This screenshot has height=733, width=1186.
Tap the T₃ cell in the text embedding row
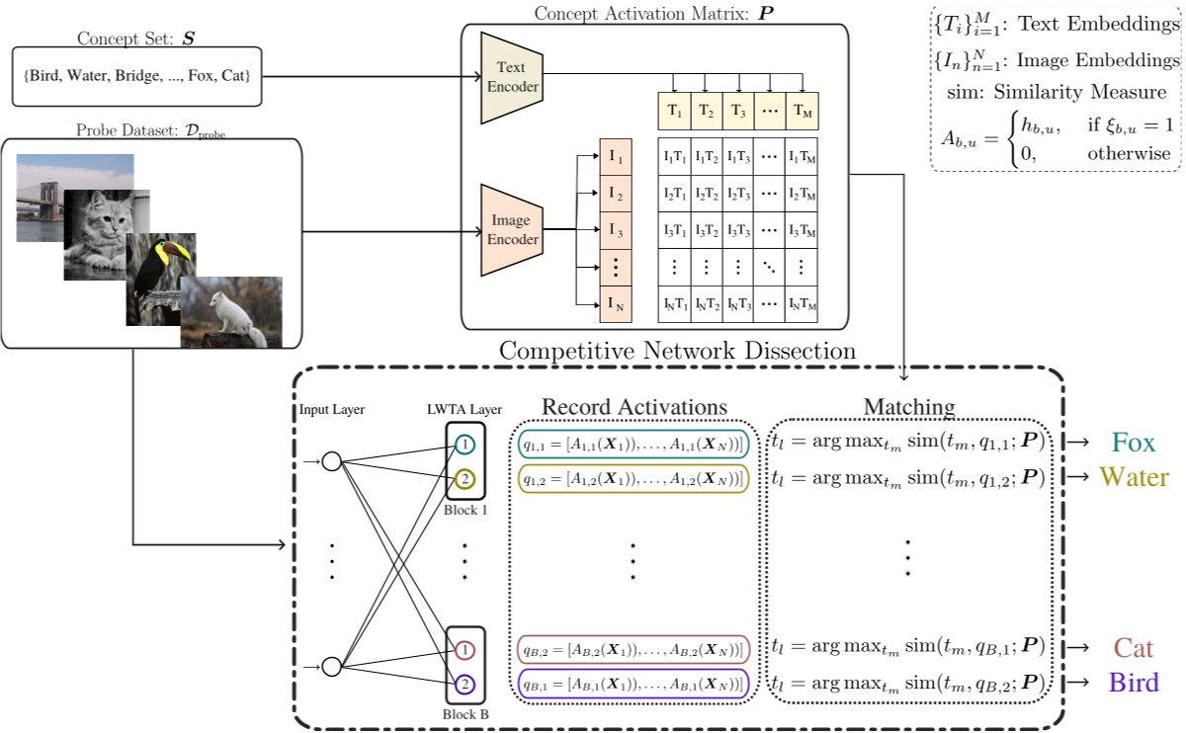tap(737, 111)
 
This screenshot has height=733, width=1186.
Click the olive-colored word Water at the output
tap(1134, 478)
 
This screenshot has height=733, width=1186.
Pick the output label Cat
tap(1134, 648)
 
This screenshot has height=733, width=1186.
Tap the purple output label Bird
tap(1134, 683)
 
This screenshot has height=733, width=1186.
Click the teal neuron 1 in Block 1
tap(465, 446)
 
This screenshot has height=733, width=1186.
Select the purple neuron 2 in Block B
tap(465, 683)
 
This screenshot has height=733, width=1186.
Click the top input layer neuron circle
tap(332, 461)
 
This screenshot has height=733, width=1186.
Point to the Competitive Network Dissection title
tap(679, 350)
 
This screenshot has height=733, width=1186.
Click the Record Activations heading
tap(635, 407)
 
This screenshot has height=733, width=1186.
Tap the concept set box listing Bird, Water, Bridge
tap(138, 75)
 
